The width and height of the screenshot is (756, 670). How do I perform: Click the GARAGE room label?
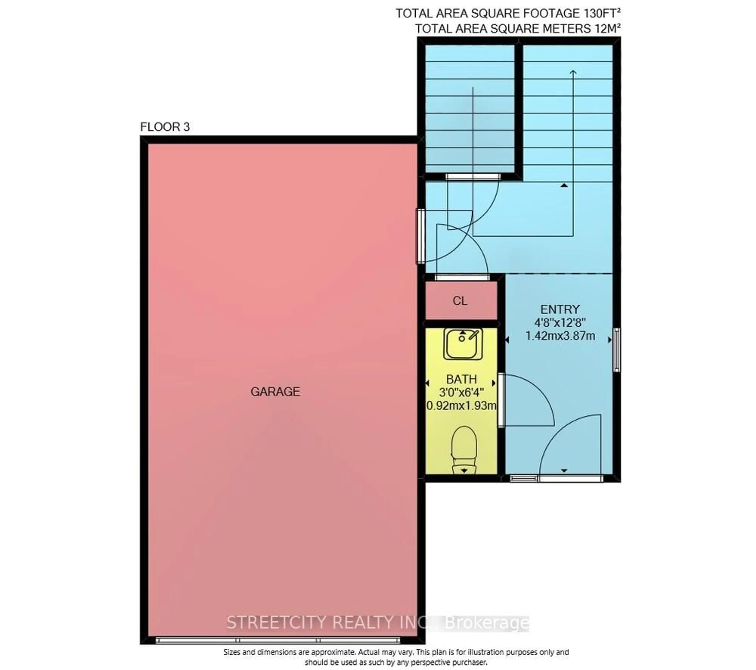(x=275, y=392)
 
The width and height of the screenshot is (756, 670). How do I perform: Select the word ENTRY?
(x=560, y=309)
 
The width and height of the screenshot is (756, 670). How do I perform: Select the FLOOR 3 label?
(x=165, y=127)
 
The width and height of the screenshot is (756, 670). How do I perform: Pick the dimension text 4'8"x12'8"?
(x=560, y=323)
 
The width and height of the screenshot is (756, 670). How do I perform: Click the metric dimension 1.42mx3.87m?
(x=560, y=336)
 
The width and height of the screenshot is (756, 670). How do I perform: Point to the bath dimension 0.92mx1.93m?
(x=461, y=406)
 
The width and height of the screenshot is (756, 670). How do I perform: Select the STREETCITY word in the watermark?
(x=277, y=623)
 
